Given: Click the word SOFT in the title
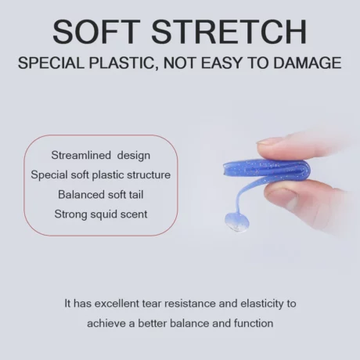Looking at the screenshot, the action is [96, 31].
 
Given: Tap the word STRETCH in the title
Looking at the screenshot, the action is [229, 31].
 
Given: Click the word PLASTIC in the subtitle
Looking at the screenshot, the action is [121, 63].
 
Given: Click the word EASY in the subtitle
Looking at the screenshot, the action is [221, 63].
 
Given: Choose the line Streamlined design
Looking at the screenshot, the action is [101, 156].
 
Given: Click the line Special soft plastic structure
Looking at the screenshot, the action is [101, 175].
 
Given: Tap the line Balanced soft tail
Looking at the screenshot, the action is [101, 195].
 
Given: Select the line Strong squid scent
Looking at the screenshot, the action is [101, 214].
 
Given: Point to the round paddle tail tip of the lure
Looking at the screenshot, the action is [236, 222].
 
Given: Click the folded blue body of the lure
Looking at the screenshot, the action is [267, 168].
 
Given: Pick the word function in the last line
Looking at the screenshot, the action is [254, 323].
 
